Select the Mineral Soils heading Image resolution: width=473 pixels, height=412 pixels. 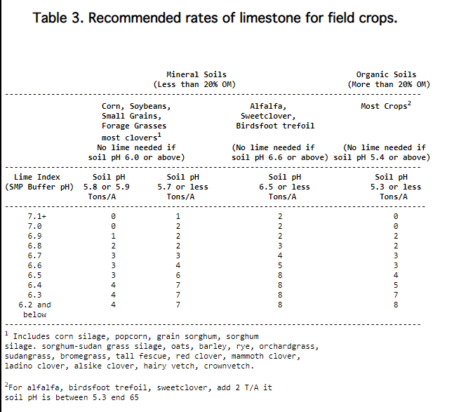point(196,74)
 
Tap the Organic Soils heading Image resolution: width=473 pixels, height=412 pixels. point(386,74)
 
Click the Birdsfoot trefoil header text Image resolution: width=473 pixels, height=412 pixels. point(275,126)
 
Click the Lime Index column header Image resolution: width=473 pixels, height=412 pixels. point(37,177)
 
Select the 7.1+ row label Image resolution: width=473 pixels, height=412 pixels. point(36,216)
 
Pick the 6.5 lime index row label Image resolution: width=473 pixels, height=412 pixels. point(34,275)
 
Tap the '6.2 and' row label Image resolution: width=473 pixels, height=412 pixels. point(34,305)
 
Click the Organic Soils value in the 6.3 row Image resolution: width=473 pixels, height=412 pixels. point(396,295)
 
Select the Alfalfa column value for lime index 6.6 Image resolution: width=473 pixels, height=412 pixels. point(280,265)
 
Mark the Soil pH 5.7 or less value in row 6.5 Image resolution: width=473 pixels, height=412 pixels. point(178,275)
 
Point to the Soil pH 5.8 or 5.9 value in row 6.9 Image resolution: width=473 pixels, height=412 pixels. point(113,236)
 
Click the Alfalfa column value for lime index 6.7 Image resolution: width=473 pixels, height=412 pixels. point(280,255)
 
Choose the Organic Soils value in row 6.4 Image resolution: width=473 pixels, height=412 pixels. point(396,285)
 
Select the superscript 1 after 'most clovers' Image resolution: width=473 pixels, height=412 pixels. point(159,135)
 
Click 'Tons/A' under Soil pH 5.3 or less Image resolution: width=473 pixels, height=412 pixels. point(394,197)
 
